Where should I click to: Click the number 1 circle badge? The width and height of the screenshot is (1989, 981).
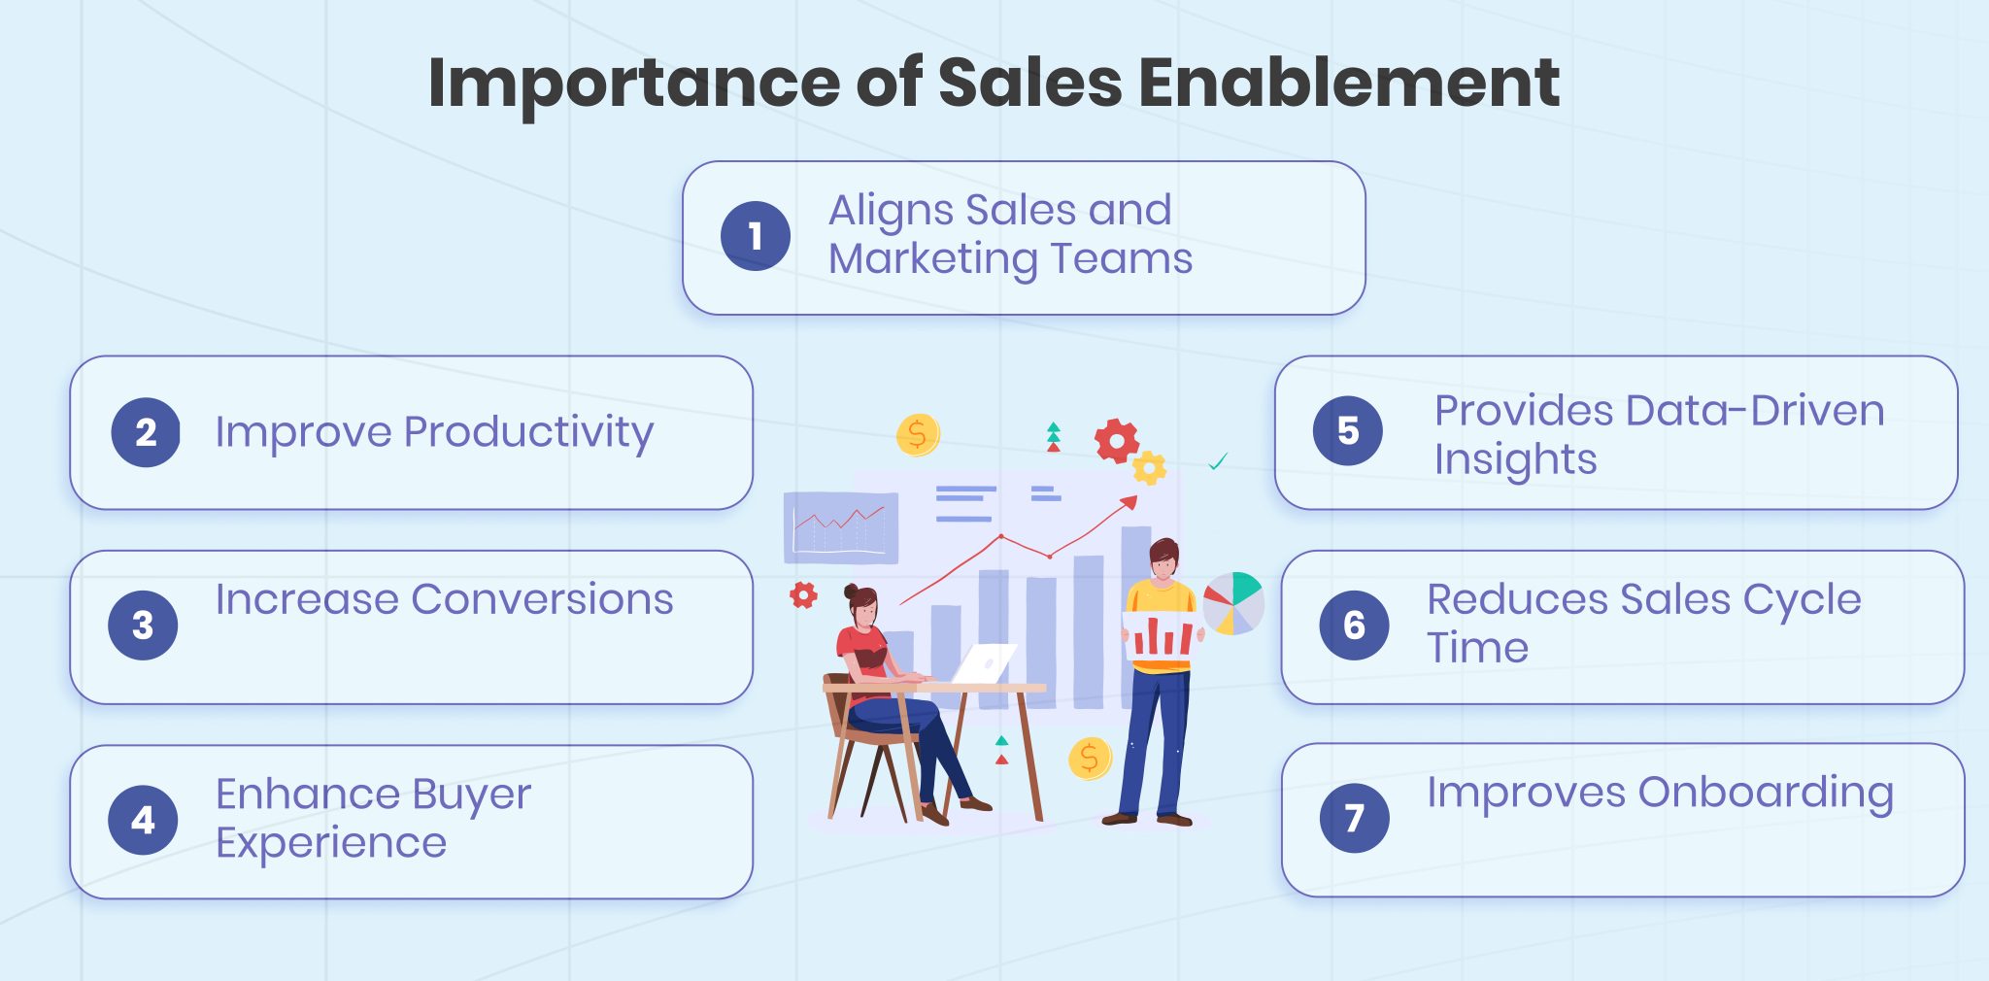click(756, 236)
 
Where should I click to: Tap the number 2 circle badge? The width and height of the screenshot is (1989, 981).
click(146, 432)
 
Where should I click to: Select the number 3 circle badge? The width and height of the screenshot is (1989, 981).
click(143, 626)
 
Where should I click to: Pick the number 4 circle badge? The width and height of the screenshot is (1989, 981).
click(143, 820)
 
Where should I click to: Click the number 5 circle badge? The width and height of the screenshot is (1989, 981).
click(1348, 430)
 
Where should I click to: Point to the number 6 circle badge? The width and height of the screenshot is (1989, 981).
click(1354, 626)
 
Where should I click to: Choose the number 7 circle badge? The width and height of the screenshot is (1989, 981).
click(1354, 818)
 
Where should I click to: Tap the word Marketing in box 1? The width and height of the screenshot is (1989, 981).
click(933, 259)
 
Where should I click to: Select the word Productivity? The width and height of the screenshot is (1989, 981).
click(528, 432)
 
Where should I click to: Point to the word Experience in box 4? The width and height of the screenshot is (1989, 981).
click(331, 843)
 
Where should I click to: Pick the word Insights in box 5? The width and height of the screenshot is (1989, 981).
click(1515, 459)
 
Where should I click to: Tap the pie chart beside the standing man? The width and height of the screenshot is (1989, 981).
click(1233, 603)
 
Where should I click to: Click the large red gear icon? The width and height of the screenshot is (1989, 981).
click(1116, 441)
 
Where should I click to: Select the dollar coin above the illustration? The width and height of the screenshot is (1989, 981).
click(917, 434)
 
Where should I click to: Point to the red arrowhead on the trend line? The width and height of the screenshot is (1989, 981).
click(1129, 502)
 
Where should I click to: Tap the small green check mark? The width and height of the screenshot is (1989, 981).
click(1218, 461)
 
